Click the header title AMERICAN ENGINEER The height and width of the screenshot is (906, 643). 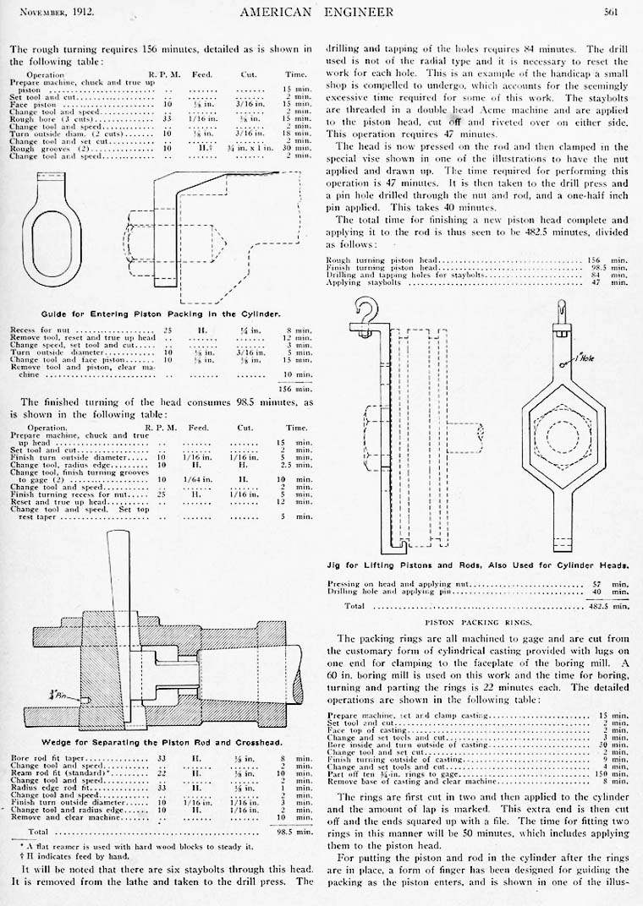321,11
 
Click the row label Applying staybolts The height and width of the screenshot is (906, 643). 365,282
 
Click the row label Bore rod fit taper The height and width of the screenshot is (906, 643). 48,758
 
